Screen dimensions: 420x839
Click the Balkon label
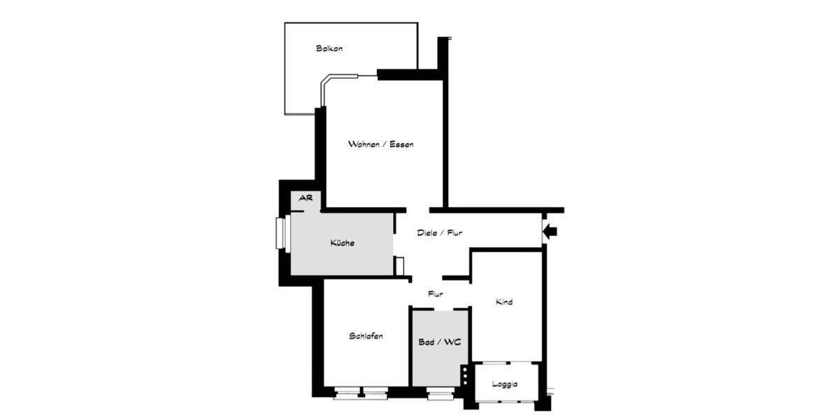(x=329, y=49)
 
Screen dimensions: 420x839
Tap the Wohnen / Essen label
(x=381, y=145)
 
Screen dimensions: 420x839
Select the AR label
(x=306, y=199)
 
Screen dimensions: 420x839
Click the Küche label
(x=343, y=244)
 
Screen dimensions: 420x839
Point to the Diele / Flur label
(x=440, y=233)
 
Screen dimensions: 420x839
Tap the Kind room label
(x=504, y=302)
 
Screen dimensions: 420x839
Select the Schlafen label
(x=366, y=337)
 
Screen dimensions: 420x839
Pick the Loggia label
(x=505, y=385)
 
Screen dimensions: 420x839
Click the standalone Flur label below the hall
(x=436, y=295)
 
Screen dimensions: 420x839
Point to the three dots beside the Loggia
(x=464, y=375)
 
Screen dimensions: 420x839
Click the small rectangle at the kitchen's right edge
(x=399, y=266)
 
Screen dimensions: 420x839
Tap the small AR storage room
(x=306, y=201)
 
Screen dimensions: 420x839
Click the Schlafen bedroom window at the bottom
(x=361, y=393)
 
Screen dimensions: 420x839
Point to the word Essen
(x=402, y=145)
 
